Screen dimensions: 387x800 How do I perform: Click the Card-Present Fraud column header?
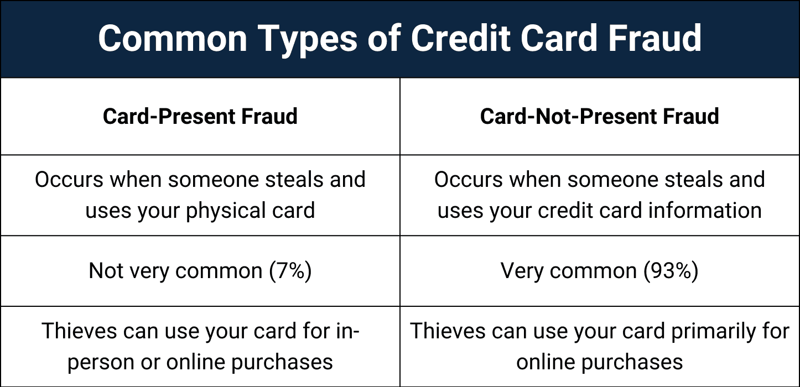[200, 116]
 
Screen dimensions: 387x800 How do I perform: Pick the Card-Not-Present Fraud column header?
[600, 116]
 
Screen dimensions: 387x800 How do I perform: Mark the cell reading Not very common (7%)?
[200, 271]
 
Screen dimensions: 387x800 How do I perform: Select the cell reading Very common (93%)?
[600, 271]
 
